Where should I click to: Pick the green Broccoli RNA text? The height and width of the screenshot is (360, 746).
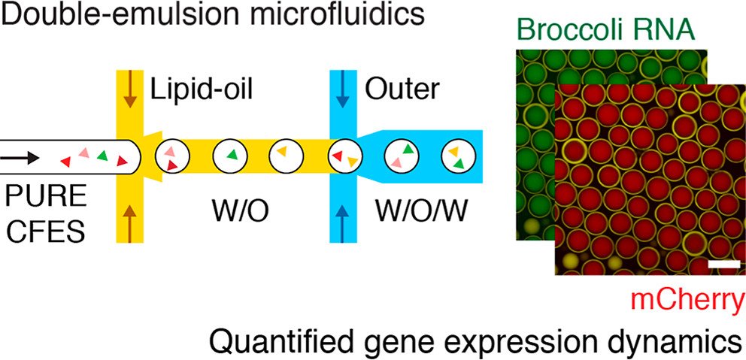point(605,31)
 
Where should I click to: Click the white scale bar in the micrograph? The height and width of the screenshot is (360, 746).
point(721,265)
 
